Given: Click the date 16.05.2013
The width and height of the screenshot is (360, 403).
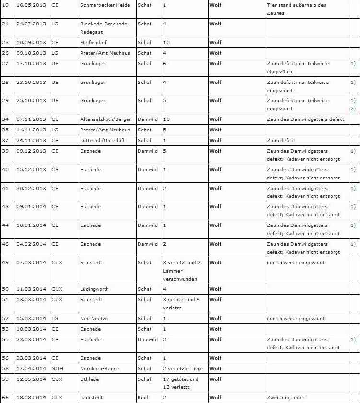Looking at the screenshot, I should click(x=32, y=5).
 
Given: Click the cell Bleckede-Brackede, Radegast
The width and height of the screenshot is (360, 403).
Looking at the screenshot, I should click(x=104, y=28).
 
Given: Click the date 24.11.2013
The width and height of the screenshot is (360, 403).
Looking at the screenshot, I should click(x=32, y=141).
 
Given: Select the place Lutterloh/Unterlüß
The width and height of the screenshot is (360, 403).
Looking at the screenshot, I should click(x=103, y=141).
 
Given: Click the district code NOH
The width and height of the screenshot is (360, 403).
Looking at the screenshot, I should click(x=57, y=369).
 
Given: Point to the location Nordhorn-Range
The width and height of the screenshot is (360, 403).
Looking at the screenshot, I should click(x=100, y=369).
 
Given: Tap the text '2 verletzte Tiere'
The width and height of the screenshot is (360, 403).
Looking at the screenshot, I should click(x=183, y=369).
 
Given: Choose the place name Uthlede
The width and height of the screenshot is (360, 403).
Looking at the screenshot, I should click(x=90, y=379).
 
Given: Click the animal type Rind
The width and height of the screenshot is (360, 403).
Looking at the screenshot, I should click(x=142, y=398).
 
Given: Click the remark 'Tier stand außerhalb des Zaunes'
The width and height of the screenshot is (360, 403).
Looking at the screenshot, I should click(x=296, y=9).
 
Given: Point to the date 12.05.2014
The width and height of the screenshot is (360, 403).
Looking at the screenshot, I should click(x=32, y=379).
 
